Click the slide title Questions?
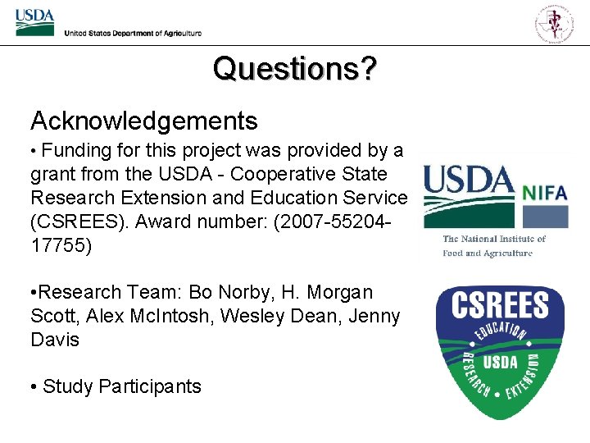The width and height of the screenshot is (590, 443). [x=295, y=69]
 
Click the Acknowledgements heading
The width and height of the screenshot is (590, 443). [x=144, y=121]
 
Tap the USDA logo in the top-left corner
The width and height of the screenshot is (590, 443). [x=34, y=22]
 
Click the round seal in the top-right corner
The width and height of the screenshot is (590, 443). [x=555, y=22]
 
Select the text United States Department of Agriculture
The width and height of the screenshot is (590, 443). [x=133, y=33]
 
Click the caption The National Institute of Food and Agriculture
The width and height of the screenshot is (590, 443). [x=493, y=246]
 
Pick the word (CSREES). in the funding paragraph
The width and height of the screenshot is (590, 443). [x=79, y=221]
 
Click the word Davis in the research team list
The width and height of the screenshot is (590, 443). [x=55, y=339]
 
